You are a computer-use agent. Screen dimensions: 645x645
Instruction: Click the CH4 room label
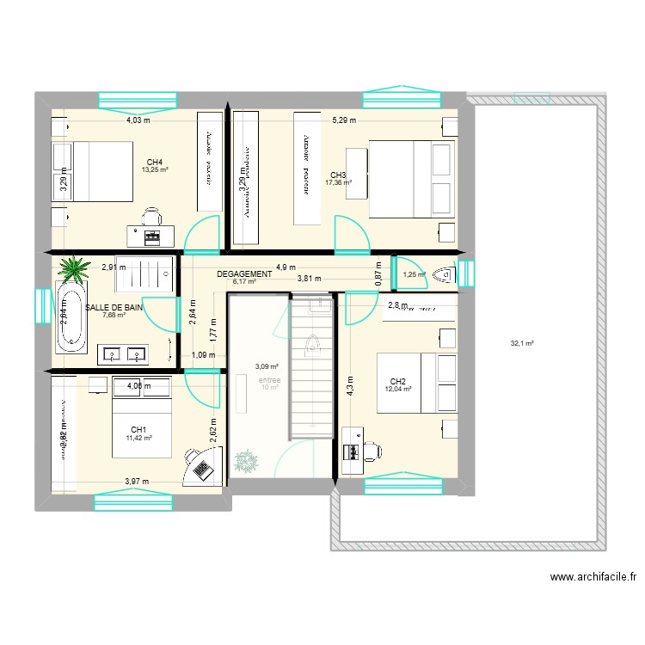155,162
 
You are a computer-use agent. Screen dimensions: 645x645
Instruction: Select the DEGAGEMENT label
244,273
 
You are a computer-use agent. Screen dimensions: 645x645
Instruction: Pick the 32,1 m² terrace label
522,343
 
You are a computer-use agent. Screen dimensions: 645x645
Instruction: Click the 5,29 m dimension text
343,120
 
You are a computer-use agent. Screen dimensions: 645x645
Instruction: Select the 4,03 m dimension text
138,120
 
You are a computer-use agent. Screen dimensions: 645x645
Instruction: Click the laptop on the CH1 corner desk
203,469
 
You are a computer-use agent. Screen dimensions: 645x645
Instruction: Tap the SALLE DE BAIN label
114,306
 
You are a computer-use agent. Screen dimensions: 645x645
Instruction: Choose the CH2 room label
397,381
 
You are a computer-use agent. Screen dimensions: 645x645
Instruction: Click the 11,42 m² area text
138,438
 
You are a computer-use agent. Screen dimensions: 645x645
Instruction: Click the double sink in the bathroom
124,352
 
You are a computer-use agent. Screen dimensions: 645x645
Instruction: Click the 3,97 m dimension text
137,481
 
